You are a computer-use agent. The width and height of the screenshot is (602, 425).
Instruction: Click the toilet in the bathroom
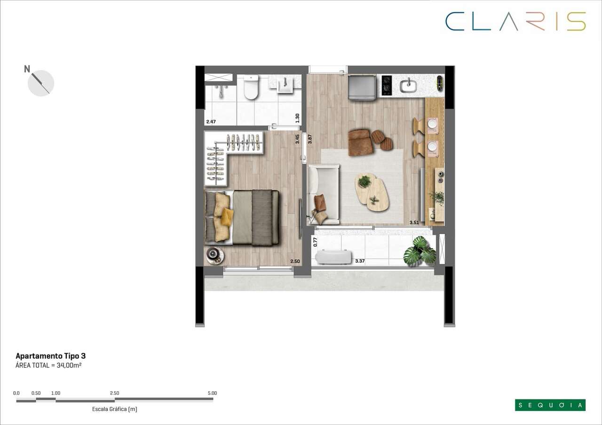point(251,88)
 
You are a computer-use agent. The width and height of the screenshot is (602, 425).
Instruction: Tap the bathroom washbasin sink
point(285,85)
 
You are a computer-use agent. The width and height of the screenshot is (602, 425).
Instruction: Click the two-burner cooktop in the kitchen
point(387,86)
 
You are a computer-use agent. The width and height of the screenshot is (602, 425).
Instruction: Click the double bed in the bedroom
point(242,217)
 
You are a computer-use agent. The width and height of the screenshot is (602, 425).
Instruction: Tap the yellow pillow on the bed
point(227,216)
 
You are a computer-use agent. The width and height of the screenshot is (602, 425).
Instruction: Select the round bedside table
point(214,254)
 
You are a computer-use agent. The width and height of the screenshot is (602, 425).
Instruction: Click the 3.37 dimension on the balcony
point(360,261)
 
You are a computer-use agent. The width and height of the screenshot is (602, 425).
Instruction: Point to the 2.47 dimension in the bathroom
point(211,122)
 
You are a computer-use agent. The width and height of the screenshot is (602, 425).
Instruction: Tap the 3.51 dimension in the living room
point(414,223)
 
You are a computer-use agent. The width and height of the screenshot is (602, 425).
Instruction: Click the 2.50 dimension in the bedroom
point(295,261)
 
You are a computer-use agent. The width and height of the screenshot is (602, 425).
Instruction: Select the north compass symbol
point(41,83)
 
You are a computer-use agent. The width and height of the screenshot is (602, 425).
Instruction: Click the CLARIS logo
point(515,22)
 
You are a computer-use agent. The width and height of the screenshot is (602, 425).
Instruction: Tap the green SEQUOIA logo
point(550,405)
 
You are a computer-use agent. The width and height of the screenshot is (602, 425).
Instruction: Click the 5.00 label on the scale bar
point(212,393)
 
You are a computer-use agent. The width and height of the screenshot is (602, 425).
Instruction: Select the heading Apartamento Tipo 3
point(51,356)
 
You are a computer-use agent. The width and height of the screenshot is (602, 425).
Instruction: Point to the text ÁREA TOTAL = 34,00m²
point(49,365)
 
